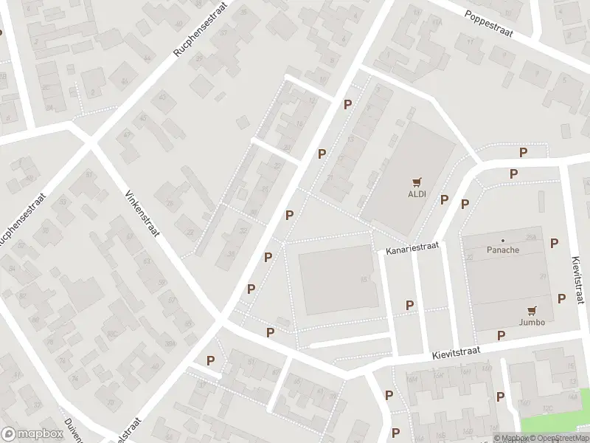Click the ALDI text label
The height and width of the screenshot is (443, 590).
click(417, 195)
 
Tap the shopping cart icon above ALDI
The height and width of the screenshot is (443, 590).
click(417, 182)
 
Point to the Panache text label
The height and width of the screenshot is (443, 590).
click(503, 250)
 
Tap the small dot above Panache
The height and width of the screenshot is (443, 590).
click(503, 240)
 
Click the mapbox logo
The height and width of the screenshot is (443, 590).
click(31, 433)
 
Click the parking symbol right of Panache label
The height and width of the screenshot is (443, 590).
click(554, 243)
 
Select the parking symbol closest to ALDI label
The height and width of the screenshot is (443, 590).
click(444, 200)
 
